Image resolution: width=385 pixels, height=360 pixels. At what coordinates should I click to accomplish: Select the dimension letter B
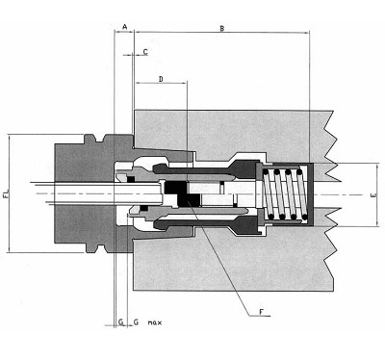[x=222, y=30]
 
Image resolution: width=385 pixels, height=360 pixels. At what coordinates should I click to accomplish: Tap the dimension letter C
[x=144, y=51]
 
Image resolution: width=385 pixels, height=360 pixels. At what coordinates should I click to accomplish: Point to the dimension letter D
[x=161, y=77]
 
